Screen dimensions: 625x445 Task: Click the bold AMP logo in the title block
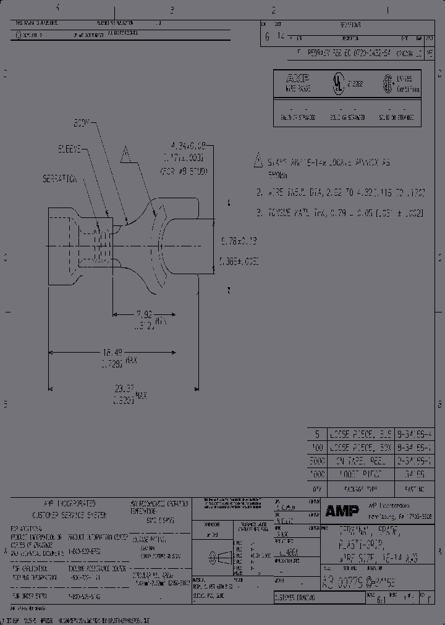(339, 510)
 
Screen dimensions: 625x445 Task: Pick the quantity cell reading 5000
(317, 461)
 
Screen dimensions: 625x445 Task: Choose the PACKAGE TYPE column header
(363, 488)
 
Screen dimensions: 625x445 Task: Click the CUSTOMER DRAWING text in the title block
(294, 598)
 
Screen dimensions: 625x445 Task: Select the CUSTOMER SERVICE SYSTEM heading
(61, 514)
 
